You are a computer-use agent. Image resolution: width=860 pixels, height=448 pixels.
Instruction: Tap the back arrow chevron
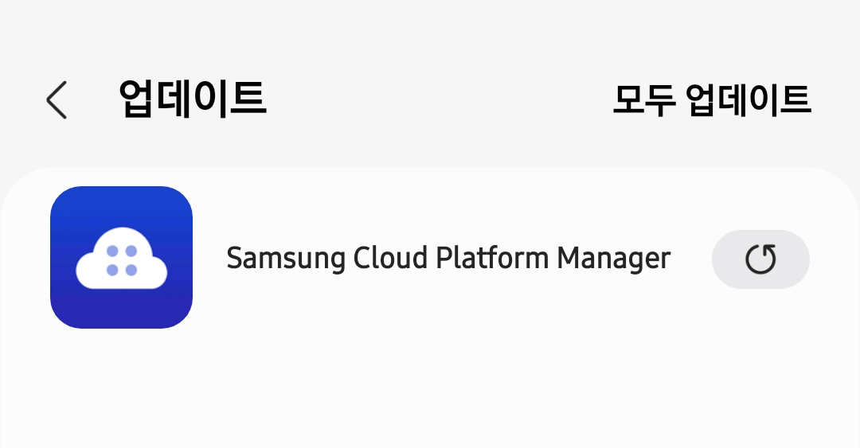click(x=56, y=100)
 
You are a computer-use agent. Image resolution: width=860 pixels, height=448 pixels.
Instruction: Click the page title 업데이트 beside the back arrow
click(x=192, y=99)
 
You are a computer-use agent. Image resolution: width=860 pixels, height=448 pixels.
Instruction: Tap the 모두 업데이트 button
click(x=711, y=99)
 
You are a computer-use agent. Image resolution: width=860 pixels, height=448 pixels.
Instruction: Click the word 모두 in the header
click(x=644, y=99)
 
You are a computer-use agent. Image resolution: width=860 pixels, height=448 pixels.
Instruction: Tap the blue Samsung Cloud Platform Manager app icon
click(x=121, y=257)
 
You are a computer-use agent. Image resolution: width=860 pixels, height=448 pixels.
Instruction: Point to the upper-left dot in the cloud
click(x=112, y=251)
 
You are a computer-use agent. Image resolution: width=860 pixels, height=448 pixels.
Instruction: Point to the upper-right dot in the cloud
click(x=131, y=251)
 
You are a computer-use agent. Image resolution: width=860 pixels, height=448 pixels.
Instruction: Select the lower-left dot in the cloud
click(x=112, y=271)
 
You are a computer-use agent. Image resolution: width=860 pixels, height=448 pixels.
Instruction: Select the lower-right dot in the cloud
click(x=131, y=271)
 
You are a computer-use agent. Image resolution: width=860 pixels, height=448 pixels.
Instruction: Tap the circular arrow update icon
click(x=760, y=259)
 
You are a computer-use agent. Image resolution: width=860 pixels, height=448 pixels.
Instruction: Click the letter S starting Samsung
click(x=234, y=259)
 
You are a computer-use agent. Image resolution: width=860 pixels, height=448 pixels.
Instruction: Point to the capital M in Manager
click(x=568, y=259)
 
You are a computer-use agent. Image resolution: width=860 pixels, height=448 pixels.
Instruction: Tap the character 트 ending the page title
click(x=248, y=99)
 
